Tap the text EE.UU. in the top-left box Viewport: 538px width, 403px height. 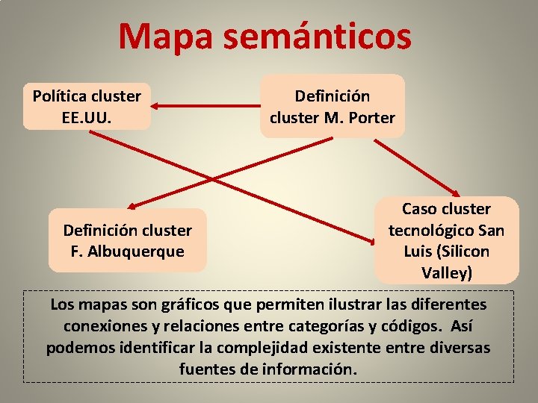(x=87, y=117)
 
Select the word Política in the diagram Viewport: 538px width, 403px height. (x=60, y=96)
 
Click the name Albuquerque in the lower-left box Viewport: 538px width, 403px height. (x=137, y=251)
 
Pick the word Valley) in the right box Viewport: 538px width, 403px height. (x=447, y=272)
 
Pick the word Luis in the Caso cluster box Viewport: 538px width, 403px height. (x=419, y=252)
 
